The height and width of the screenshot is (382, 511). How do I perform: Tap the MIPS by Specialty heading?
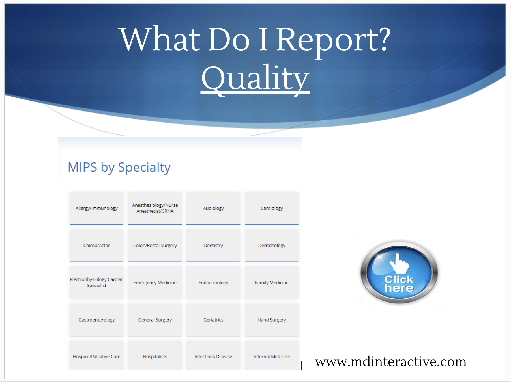119,167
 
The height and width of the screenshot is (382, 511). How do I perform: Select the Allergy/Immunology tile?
96,208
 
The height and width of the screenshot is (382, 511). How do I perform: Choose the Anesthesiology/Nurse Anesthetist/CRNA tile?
155,208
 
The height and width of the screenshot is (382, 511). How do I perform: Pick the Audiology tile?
213,208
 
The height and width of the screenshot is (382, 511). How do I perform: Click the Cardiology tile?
272,208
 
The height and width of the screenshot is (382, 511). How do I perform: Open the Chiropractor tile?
96,245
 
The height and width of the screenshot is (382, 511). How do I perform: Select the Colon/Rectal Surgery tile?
155,245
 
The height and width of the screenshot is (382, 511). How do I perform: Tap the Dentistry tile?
213,245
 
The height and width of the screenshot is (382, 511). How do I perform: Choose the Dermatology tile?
272,245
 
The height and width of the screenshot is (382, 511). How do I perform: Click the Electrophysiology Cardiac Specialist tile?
96,283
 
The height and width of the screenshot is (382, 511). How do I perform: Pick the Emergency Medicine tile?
155,283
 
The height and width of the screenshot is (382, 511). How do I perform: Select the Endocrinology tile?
213,283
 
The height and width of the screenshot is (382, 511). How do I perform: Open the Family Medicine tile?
272,283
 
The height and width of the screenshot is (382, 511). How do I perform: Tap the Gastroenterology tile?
96,320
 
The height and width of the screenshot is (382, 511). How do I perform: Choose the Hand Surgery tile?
272,320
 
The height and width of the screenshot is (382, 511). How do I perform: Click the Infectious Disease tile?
213,355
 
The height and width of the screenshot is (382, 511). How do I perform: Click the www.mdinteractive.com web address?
391,362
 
